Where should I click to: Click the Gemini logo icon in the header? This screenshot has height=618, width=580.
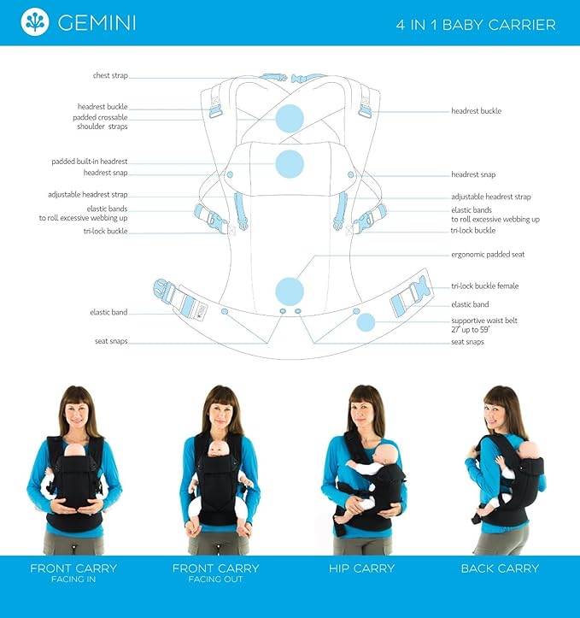coord(35,22)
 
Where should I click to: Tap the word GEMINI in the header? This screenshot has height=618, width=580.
coord(96,23)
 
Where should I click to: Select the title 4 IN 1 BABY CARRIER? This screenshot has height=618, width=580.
coord(476,25)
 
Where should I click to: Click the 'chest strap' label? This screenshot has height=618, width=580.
coord(110,76)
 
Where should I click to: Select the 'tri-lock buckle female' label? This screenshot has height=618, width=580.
coord(484,286)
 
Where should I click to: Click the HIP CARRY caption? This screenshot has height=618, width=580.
coord(361,568)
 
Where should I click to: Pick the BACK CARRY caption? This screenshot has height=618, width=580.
coord(500,568)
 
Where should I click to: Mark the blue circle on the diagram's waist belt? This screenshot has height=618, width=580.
coord(366,322)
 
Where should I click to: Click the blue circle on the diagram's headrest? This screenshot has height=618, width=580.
coord(290,162)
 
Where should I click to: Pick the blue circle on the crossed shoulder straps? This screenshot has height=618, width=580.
coord(290,117)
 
